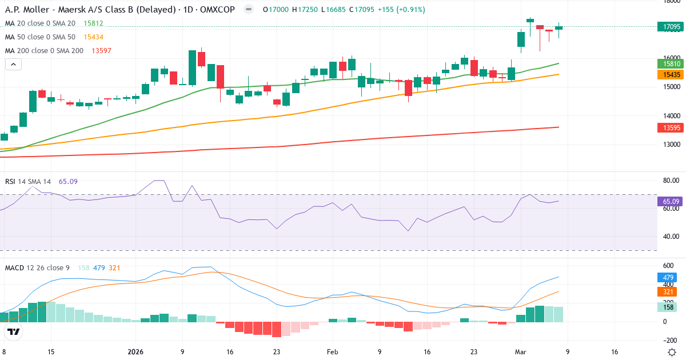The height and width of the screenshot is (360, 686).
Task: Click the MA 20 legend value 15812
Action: [93, 23]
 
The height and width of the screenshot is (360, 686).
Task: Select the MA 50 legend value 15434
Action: [93, 37]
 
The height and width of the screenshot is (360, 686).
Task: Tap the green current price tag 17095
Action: [671, 27]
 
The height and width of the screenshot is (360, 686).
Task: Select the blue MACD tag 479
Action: [668, 277]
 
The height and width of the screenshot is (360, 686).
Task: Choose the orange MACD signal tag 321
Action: [668, 292]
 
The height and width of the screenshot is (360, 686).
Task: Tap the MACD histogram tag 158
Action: [668, 307]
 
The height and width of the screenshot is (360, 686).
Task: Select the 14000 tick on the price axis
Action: [671, 115]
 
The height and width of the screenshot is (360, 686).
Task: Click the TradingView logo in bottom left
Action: [14, 331]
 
